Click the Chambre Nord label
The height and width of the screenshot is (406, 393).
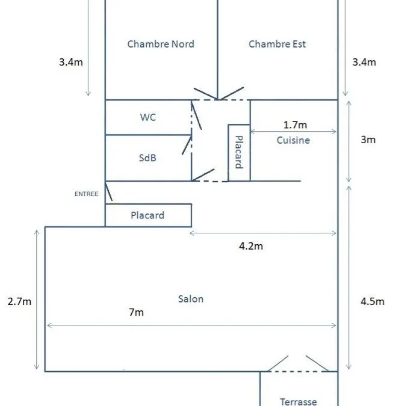coord(161,44)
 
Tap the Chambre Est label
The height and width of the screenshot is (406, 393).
coord(277,44)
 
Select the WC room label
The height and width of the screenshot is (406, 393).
coord(148,117)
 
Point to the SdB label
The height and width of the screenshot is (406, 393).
coord(147,158)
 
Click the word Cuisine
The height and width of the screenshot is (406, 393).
coord(293,140)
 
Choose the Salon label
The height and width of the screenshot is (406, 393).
coord(191,299)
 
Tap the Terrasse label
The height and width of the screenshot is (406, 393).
coord(299,402)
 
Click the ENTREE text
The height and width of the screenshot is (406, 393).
coord(87,194)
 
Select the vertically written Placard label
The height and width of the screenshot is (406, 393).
coord(239,152)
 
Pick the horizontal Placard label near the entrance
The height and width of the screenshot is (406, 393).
coord(147,215)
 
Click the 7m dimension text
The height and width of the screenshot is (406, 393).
coord(136,312)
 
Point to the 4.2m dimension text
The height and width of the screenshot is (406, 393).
coord(251,246)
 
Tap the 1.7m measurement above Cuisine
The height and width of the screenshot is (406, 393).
coord(295,125)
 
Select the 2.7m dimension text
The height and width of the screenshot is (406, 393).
coord(19,302)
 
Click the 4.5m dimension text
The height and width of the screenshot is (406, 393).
coord(373,302)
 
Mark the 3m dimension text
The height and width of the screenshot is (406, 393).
coord(368,140)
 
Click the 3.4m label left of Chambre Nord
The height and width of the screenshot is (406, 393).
coord(71,62)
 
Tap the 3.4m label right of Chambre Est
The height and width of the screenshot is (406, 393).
coord(364,62)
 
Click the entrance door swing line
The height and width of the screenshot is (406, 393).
coord(109,191)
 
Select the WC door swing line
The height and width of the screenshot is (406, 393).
coord(197,115)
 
